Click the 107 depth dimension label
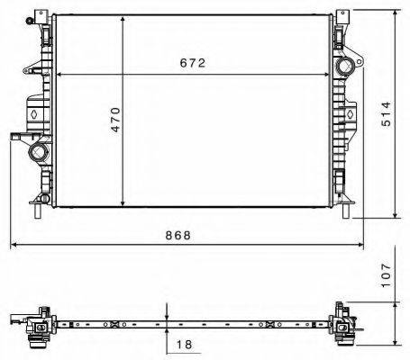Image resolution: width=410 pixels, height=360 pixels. pos(386,274)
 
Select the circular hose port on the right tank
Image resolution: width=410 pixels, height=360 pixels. pos(345,68)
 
